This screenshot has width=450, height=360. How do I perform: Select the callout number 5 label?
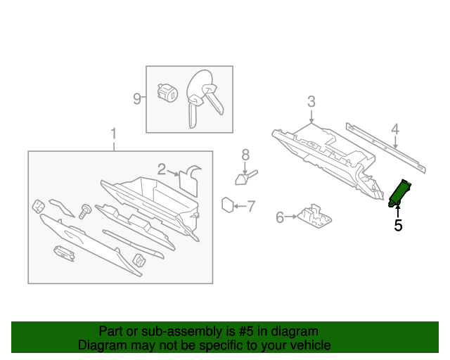398,225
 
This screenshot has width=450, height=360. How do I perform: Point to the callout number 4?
395,129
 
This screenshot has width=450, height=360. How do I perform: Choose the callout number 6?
279,218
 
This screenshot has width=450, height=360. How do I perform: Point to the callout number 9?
138,98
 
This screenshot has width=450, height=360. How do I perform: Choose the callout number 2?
162,169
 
